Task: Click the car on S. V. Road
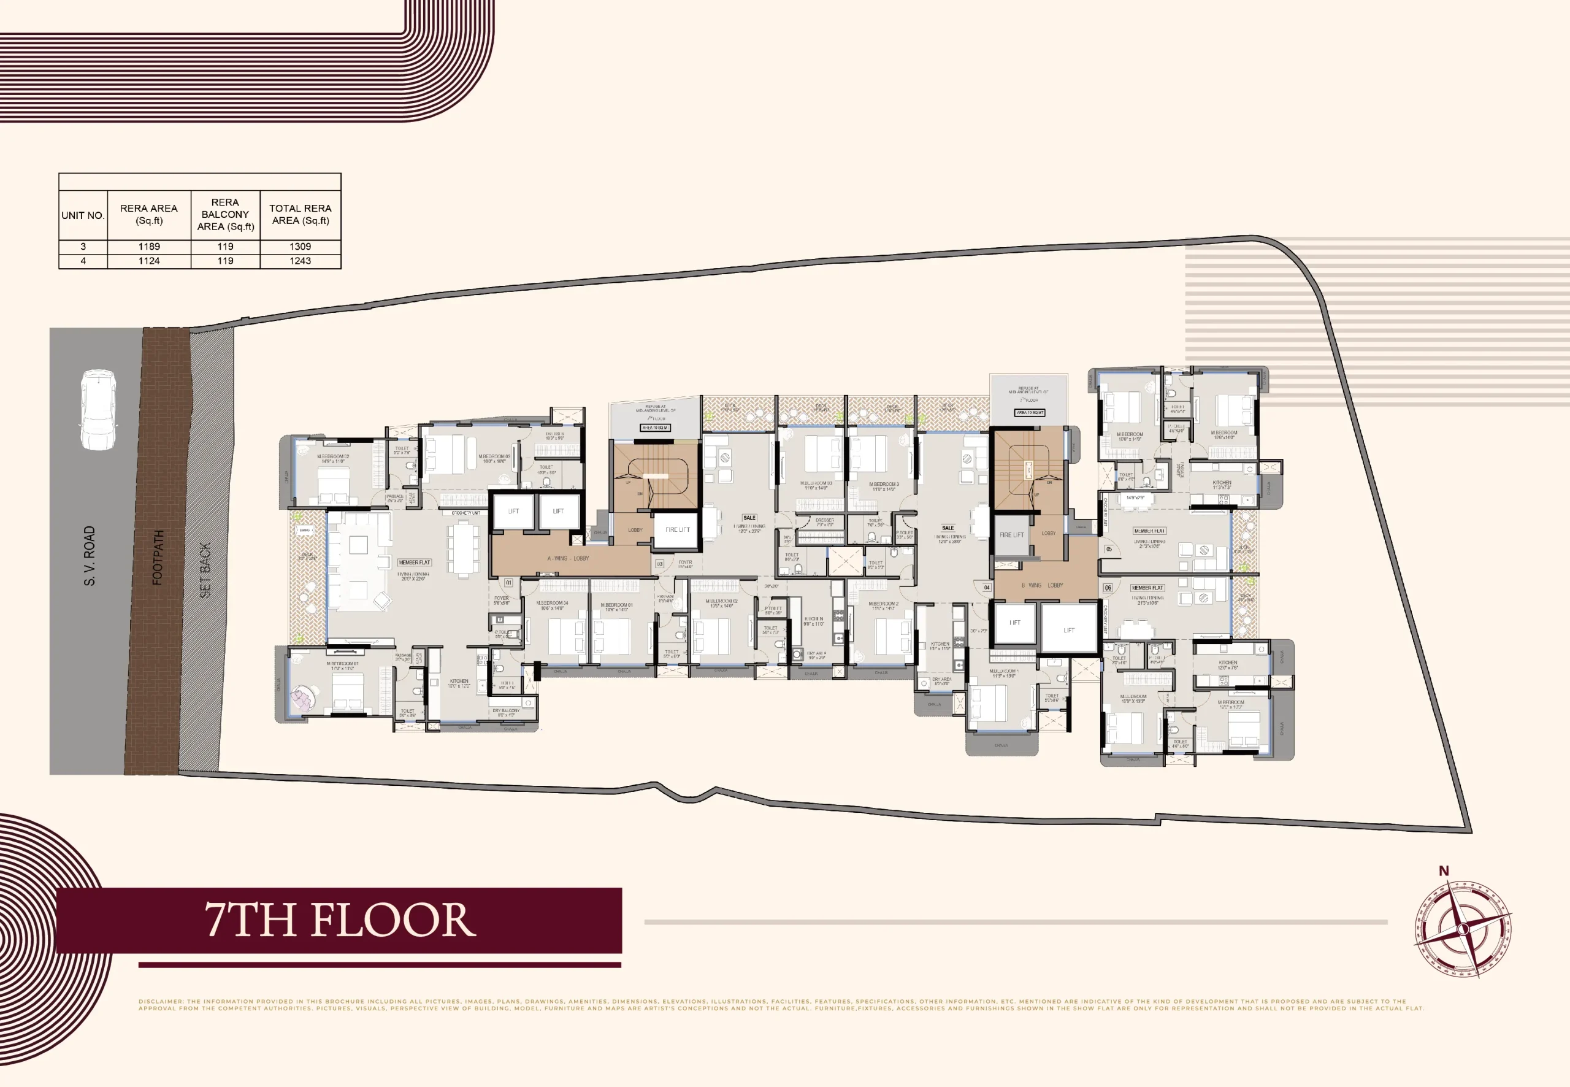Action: point(98,409)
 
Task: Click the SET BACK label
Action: point(205,570)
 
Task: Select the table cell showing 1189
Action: point(149,247)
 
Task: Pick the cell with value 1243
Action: point(301,261)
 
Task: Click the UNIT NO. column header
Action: point(83,215)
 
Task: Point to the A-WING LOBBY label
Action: point(568,558)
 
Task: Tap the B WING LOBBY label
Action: point(1042,585)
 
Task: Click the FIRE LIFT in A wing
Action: point(676,529)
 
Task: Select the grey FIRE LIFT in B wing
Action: point(1012,535)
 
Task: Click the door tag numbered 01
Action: point(508,583)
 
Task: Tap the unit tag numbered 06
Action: point(1108,587)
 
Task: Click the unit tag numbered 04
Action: point(987,587)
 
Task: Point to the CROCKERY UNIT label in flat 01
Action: point(465,513)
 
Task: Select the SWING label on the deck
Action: point(305,530)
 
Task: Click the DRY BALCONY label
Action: point(506,710)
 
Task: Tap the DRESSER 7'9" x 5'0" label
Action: point(824,521)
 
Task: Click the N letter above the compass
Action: point(1444,870)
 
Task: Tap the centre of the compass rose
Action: point(1463,929)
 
